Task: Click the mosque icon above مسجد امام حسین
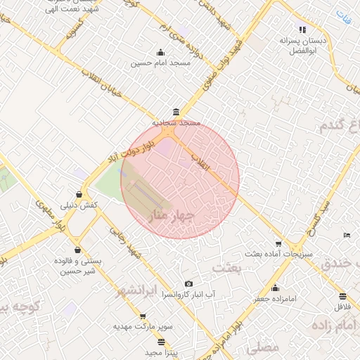pos(161,52)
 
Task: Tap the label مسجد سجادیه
pos(177,122)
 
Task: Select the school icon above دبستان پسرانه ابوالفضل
pos(302,30)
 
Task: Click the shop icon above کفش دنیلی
pos(79,195)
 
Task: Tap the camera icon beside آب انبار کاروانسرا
pos(188,284)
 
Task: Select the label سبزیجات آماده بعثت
pos(274,252)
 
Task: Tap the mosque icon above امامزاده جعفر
pos(275,288)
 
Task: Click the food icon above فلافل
pos(342,296)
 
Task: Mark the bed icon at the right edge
pos(346,235)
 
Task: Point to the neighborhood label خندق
pos(341,264)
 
